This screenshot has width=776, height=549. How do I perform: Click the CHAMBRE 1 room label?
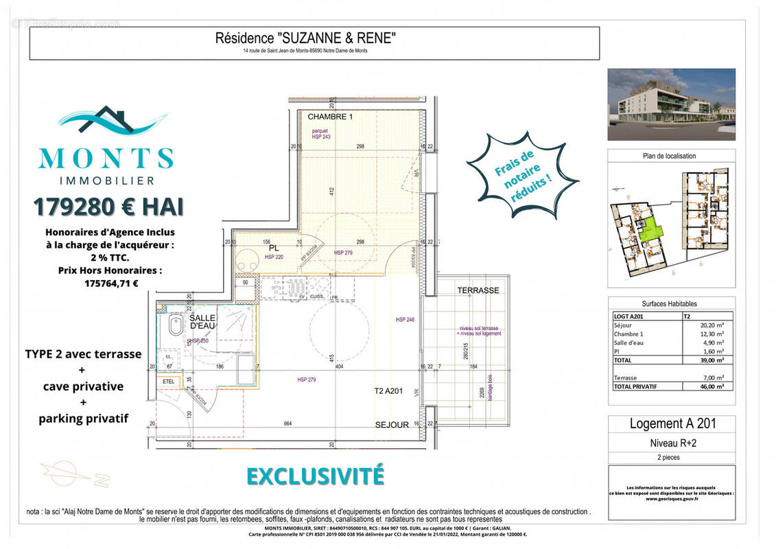pyautogui.click(x=329, y=117)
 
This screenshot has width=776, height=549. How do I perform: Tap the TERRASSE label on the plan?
pyautogui.click(x=478, y=290)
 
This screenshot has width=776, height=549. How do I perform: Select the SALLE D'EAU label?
pyautogui.click(x=202, y=322)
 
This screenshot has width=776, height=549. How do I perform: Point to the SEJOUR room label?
pyautogui.click(x=392, y=425)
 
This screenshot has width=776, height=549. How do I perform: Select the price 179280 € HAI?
pyautogui.click(x=108, y=206)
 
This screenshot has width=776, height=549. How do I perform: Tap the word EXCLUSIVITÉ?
pyautogui.click(x=315, y=476)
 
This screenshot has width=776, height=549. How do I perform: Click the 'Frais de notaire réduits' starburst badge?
pyautogui.click(x=522, y=175)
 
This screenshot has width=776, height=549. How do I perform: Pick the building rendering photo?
pyautogui.click(x=671, y=104)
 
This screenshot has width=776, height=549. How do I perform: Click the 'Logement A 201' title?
pyautogui.click(x=671, y=424)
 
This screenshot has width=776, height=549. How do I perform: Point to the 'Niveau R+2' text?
pyautogui.click(x=671, y=443)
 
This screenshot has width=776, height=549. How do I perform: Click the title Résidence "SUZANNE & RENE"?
pyautogui.click(x=305, y=38)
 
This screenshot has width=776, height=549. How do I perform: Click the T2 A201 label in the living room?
pyautogui.click(x=387, y=392)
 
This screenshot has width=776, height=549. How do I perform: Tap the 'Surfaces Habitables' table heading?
pyautogui.click(x=669, y=303)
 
